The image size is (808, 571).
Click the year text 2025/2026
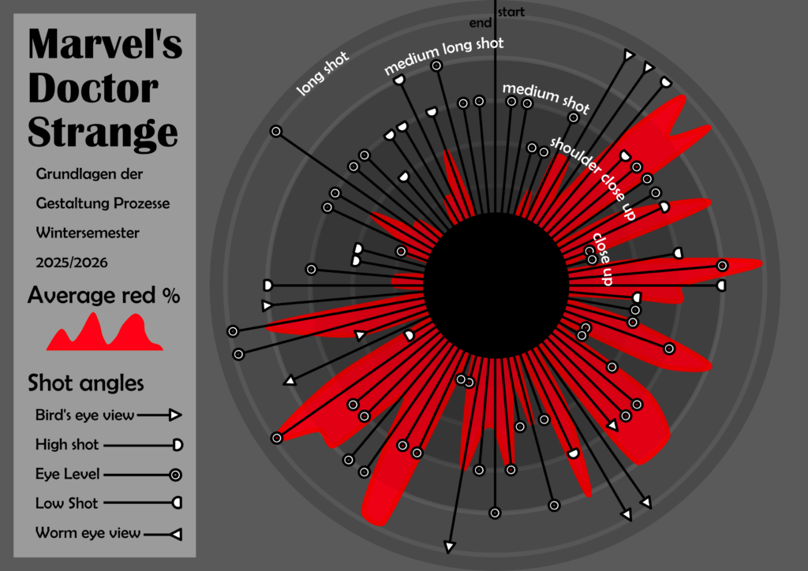(72, 261)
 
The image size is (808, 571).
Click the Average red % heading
(103, 296)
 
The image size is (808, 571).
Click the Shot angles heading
(85, 383)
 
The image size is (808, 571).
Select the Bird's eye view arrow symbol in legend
(175, 415)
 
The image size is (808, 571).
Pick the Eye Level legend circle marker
(176, 474)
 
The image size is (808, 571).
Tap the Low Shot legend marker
(178, 502)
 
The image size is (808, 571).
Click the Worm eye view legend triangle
(176, 534)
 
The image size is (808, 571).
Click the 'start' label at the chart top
(511, 12)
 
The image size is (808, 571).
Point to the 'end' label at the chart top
(480, 23)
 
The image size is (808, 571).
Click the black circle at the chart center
(496, 285)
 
